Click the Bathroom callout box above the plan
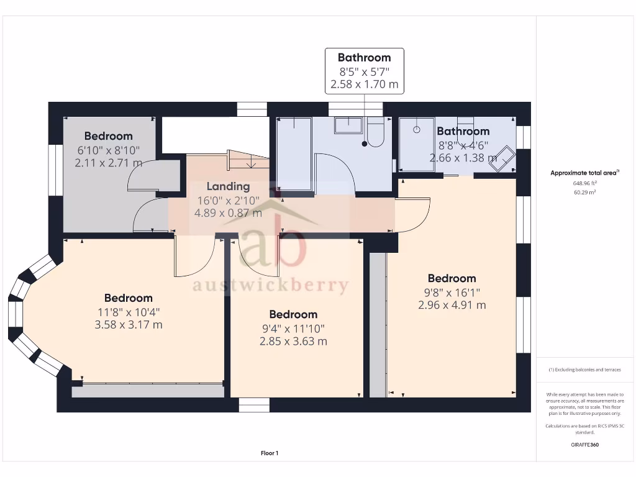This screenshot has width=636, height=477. click(x=365, y=71)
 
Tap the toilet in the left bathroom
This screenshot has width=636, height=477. click(x=375, y=133)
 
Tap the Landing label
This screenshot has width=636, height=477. click(x=228, y=186)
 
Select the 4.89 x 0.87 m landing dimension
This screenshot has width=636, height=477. click(x=228, y=213)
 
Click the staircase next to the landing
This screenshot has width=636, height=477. click(x=248, y=161)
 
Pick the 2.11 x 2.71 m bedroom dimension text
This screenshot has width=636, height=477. click(x=108, y=163)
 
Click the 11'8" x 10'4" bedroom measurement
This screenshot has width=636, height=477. click(x=129, y=312)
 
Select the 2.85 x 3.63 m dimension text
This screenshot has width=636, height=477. click(x=293, y=341)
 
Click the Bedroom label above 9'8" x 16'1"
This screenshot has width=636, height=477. click(x=452, y=278)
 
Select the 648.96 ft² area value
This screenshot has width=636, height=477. click(x=585, y=184)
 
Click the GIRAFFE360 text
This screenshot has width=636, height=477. click(x=585, y=445)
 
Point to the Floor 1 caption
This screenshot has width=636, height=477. click(x=270, y=453)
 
